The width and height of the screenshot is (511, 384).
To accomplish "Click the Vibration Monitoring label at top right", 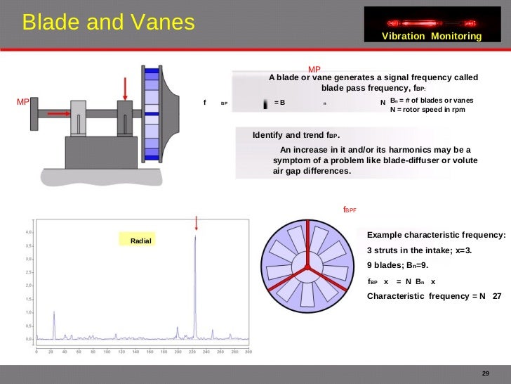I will point(432,36).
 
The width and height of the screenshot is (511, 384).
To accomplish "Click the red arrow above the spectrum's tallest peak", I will point(197,222).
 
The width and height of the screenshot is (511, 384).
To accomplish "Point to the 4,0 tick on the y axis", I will point(28,231).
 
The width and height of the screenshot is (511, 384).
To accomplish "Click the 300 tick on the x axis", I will point(247,352).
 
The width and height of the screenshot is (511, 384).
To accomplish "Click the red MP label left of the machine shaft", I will point(22,101).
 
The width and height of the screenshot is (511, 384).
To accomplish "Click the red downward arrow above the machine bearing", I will point(126,88).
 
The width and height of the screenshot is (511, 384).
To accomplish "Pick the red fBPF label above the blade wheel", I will point(350,210).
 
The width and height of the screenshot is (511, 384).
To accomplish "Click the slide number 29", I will point(484,373).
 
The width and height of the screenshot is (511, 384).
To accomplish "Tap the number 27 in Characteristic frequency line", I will point(497,296).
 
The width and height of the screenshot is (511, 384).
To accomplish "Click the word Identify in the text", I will point(270,135).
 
